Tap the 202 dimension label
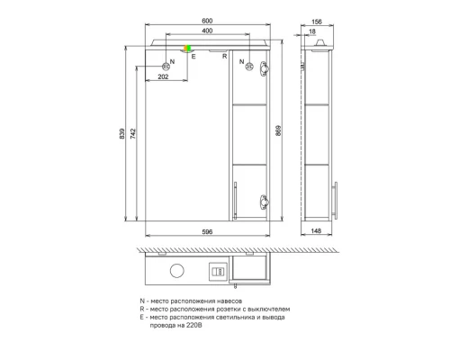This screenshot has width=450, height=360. click(163, 77)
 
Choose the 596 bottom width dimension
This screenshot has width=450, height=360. click(207, 232)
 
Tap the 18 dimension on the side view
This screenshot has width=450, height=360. click(311, 34)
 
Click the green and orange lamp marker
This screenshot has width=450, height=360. click(189, 49)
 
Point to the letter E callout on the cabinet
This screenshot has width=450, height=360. click(193, 57)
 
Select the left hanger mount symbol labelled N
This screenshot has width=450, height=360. click(166, 65)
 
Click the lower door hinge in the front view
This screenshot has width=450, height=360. click(264, 202)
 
